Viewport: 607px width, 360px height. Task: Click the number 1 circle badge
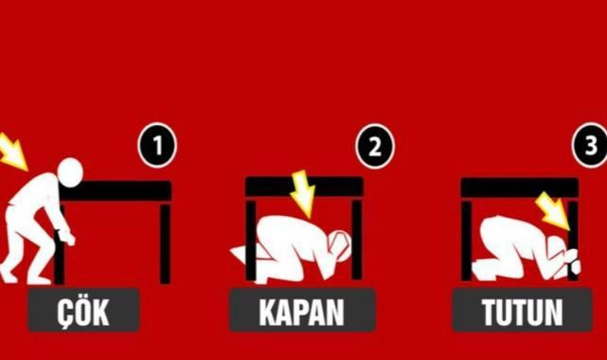point(157,145)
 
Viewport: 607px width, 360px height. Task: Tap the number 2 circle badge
point(375,146)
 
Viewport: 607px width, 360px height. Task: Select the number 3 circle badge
point(590,145)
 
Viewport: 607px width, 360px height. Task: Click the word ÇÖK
point(83,312)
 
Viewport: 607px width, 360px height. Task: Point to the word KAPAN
point(301,312)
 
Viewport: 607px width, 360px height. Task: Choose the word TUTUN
point(522,312)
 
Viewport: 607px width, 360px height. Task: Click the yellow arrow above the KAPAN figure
point(303,193)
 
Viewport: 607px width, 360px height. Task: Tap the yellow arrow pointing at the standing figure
point(11,151)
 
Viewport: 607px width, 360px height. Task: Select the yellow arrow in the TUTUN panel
point(554,212)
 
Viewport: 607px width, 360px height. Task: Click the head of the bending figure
point(70,172)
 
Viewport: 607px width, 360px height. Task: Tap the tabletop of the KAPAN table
point(304,187)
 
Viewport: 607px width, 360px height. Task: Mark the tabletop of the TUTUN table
point(520,188)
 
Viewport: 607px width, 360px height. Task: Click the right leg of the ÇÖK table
point(166,243)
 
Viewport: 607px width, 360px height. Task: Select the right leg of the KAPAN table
point(357,240)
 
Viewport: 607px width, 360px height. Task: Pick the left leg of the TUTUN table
point(467,241)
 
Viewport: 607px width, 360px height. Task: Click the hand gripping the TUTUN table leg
point(572,265)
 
